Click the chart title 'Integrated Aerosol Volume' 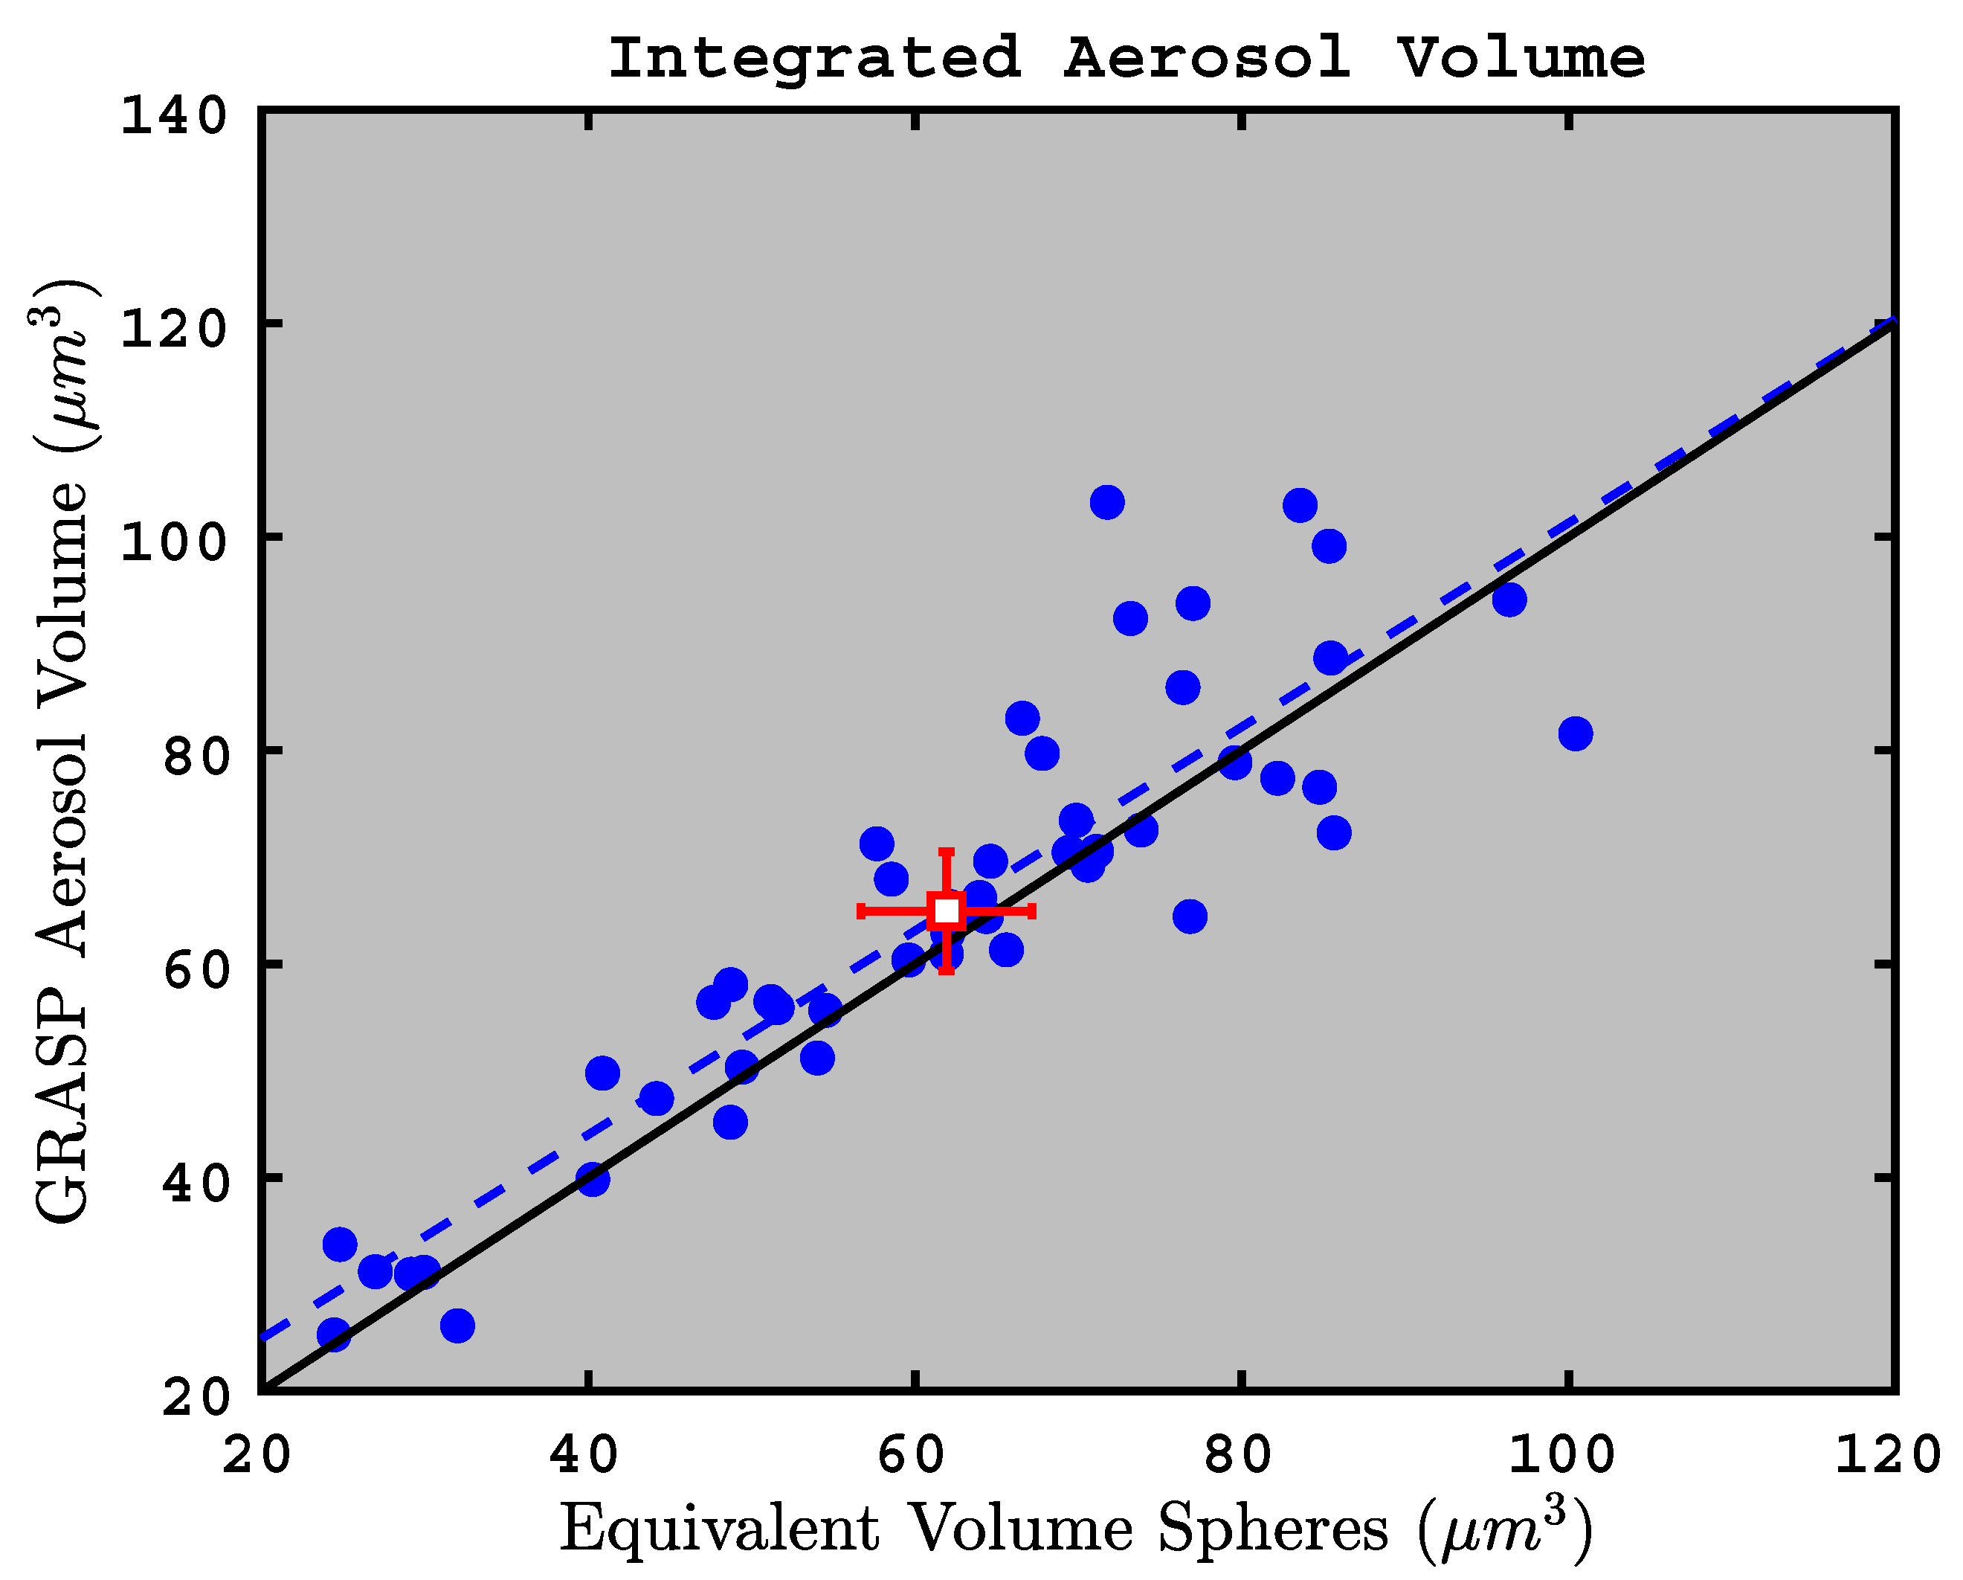coord(1126,58)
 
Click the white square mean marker coord(947,910)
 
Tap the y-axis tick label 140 coord(173,117)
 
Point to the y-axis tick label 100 coord(173,543)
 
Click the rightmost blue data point coord(1575,733)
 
